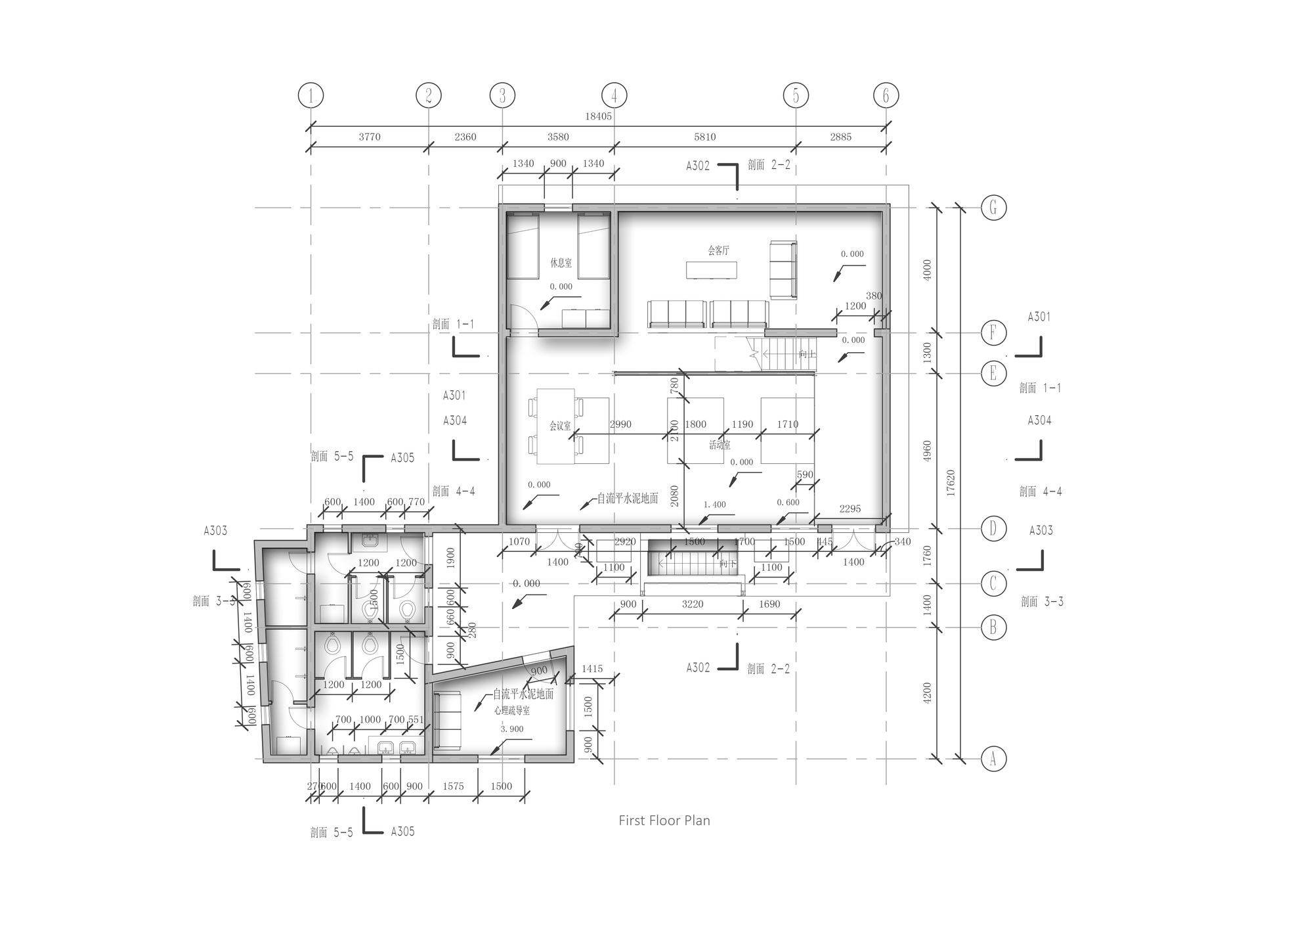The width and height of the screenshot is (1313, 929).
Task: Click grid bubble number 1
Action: point(311,96)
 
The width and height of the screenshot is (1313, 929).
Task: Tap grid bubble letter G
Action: point(993,208)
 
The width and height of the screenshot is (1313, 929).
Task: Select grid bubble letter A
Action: point(993,759)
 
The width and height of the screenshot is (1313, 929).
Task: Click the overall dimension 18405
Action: point(598,116)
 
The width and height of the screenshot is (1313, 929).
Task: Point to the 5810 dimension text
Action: point(704,137)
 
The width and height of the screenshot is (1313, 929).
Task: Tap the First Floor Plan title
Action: point(664,821)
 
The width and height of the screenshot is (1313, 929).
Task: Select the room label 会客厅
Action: point(718,250)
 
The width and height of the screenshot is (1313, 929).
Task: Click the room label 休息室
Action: point(561,263)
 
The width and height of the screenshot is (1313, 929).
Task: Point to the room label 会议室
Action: point(560,426)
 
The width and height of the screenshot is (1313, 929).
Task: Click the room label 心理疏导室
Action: point(512,710)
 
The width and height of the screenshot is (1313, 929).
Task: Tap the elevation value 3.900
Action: point(512,729)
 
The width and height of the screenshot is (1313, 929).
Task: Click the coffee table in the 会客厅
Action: point(712,270)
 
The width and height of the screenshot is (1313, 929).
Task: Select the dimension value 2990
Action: point(620,424)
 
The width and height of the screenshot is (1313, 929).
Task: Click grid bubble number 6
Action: point(886,96)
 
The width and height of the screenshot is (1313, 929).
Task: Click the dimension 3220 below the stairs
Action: point(692,604)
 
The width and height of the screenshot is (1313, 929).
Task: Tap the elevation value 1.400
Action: point(714,505)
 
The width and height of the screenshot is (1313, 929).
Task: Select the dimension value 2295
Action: point(850,509)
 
